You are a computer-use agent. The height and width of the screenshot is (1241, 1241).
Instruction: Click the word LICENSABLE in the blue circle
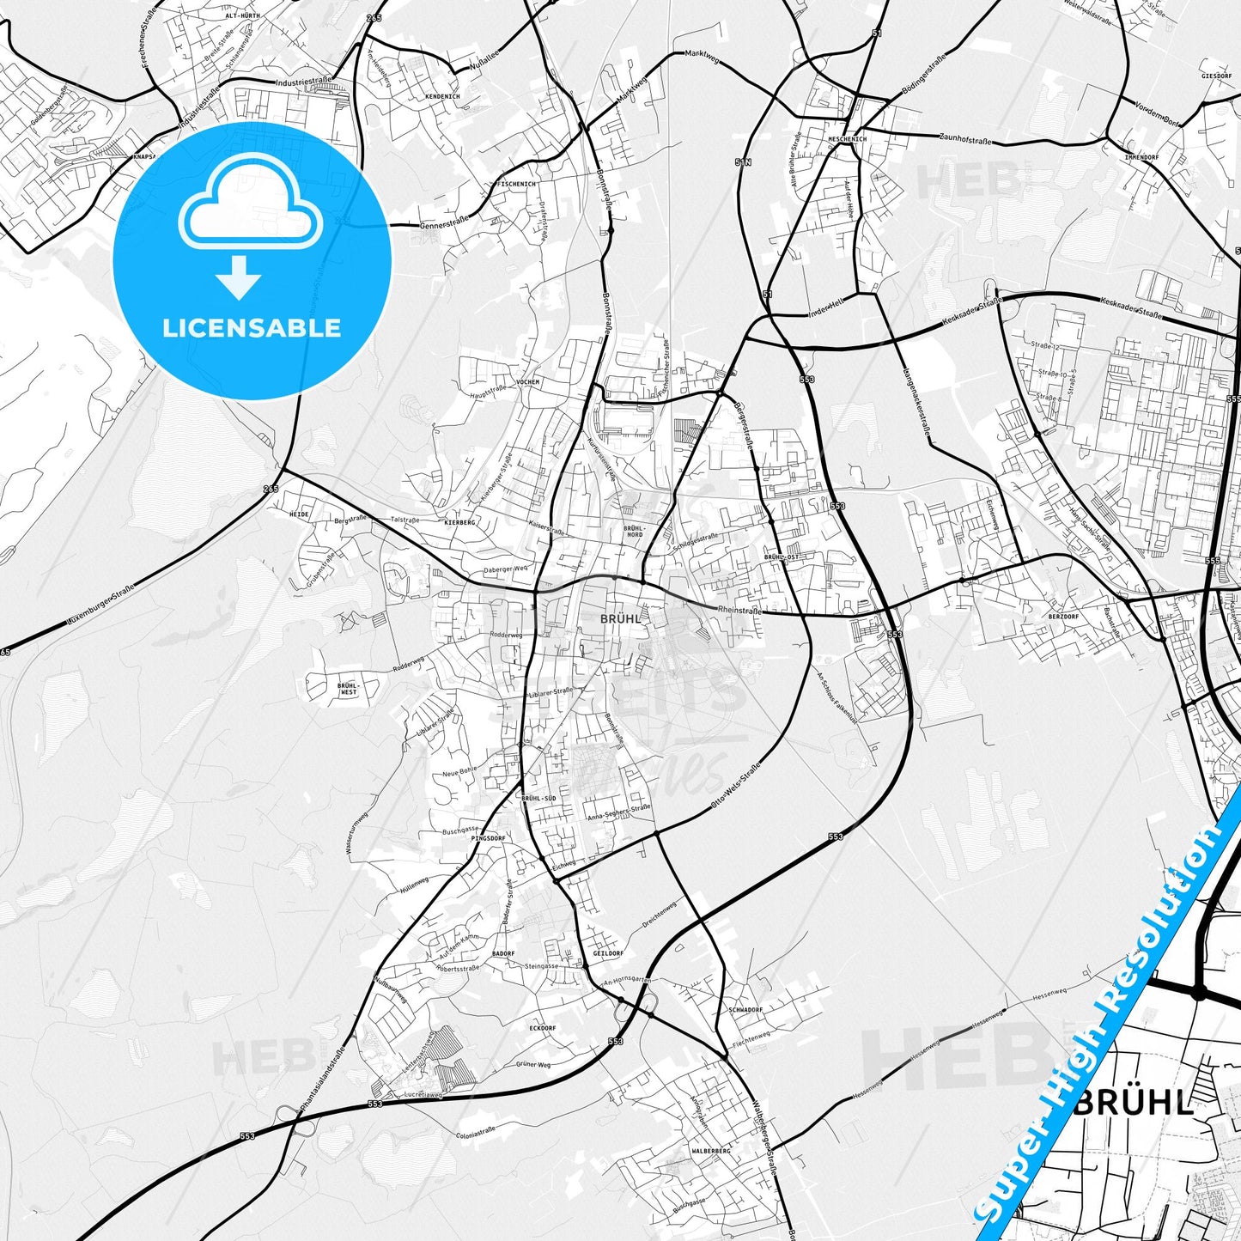252,328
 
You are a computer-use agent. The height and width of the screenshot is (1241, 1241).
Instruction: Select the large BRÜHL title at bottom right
1134,1102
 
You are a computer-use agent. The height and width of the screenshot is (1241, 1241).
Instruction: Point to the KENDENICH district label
442,96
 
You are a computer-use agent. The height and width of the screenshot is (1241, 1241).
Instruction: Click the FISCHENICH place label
517,184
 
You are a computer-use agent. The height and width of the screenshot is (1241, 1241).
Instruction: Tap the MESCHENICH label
847,138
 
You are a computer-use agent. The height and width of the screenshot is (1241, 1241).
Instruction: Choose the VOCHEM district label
526,381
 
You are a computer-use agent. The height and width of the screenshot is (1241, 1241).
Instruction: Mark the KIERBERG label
459,522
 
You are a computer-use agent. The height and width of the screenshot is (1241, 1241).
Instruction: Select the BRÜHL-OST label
781,557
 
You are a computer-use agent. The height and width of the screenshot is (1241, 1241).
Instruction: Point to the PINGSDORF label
488,837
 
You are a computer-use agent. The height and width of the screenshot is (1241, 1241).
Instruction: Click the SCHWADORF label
745,1010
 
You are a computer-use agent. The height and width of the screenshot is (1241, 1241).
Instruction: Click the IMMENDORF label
1142,157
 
